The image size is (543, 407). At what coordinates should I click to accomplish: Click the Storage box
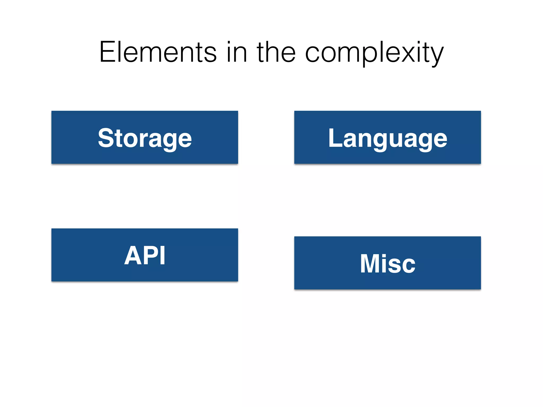tap(144, 137)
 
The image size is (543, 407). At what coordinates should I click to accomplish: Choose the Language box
tap(387, 137)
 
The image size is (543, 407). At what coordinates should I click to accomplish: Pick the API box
tap(144, 255)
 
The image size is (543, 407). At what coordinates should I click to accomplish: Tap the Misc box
tap(387, 263)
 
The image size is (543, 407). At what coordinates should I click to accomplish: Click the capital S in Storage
tap(106, 138)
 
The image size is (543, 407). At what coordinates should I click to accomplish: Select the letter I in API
tap(163, 255)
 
